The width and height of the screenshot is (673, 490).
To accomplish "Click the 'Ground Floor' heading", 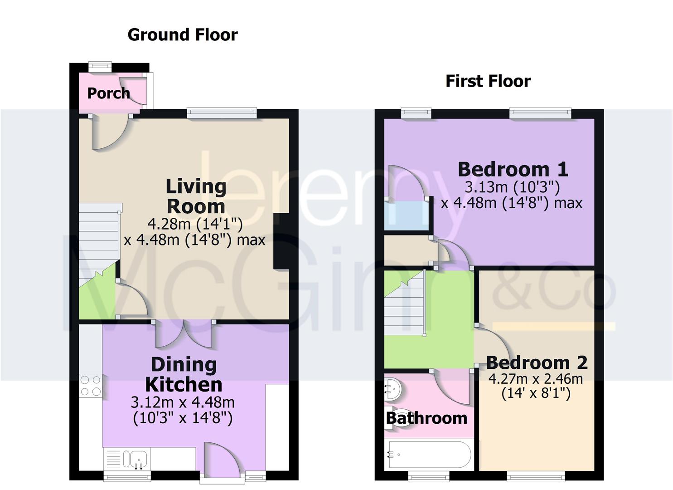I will [182, 35].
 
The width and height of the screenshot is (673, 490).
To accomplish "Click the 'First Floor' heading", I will [488, 81].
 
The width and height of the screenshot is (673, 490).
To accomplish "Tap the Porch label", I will [108, 93].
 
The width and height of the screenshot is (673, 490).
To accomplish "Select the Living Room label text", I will [196, 196].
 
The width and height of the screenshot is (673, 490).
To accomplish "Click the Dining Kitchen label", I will [184, 374].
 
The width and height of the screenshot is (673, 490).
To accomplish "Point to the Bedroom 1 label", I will [513, 169].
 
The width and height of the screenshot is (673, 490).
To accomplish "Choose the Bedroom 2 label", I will [537, 363].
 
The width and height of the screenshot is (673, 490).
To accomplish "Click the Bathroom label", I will [426, 418].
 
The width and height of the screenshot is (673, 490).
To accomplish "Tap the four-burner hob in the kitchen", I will [91, 386].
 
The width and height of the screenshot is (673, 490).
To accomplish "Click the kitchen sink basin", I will [139, 459].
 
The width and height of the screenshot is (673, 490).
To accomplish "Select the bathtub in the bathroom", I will [428, 454].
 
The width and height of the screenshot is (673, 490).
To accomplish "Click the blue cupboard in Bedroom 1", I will [406, 216].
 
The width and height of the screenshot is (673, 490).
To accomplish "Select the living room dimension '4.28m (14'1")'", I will [195, 224].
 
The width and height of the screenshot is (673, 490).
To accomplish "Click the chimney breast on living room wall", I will [281, 241].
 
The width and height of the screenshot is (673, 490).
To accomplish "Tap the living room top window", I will [222, 113].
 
